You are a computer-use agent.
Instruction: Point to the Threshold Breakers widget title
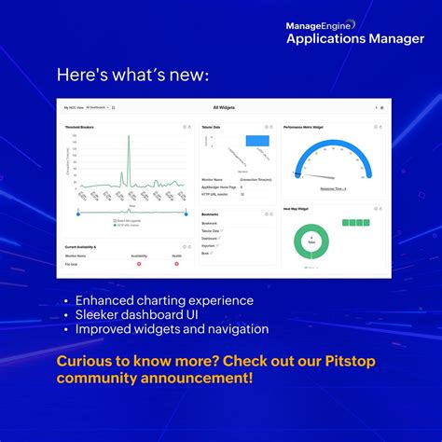tap(79, 126)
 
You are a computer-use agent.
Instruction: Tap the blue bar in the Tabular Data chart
tap(256, 141)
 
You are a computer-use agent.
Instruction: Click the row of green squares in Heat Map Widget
tap(355, 223)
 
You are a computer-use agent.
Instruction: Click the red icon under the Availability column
tap(139, 264)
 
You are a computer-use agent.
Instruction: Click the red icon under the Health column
tap(177, 264)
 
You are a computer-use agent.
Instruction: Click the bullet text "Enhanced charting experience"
tap(164, 300)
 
